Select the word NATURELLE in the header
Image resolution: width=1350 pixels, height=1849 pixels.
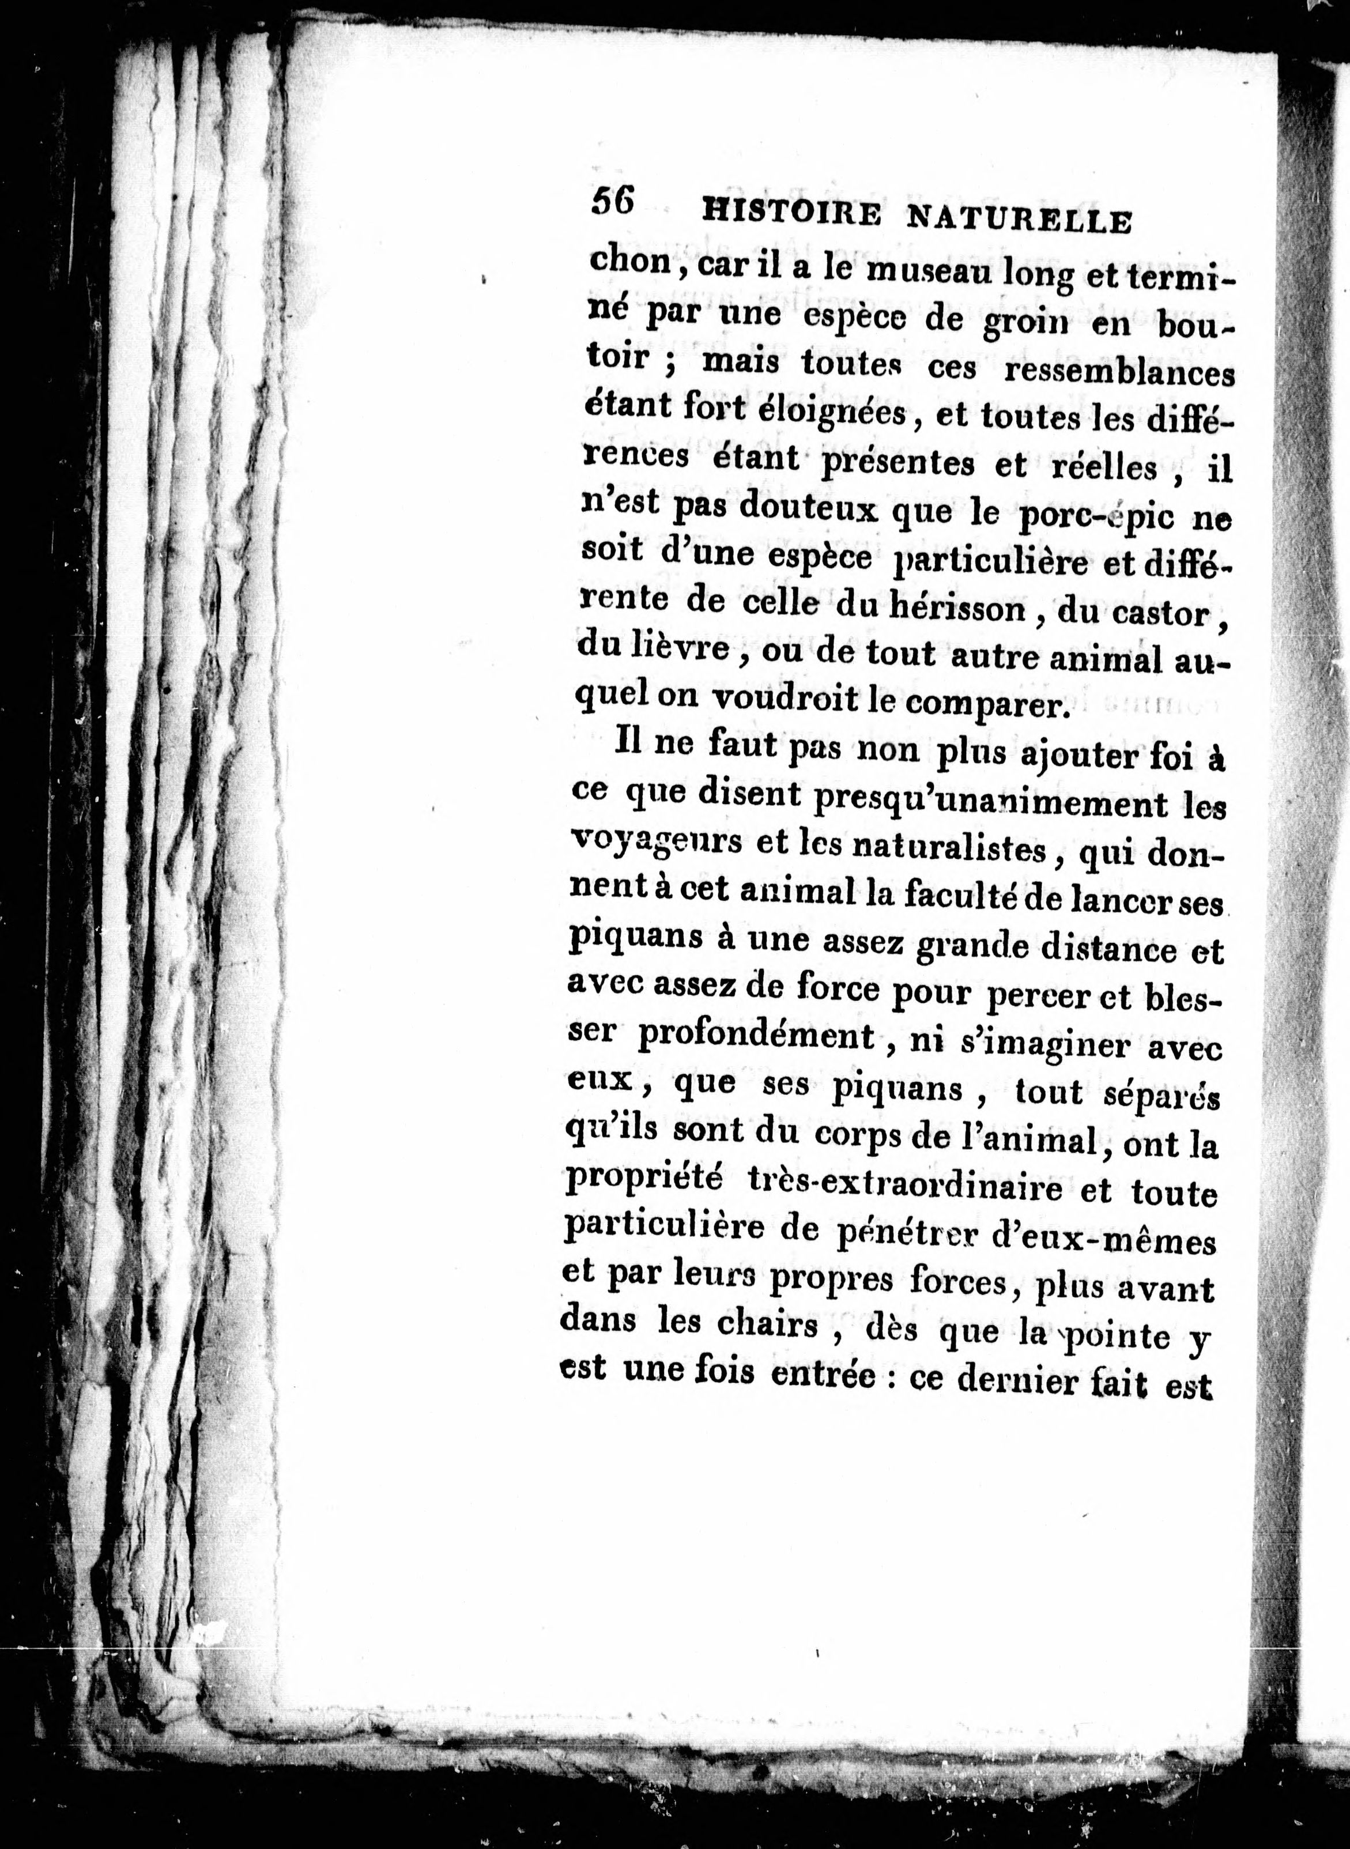coord(1020,221)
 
